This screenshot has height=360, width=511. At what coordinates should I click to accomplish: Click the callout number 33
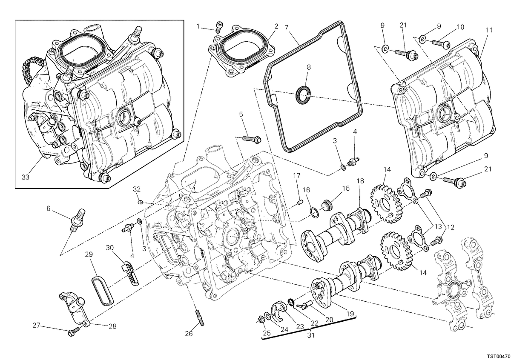(26, 177)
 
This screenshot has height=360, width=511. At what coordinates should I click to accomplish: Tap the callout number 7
(287, 28)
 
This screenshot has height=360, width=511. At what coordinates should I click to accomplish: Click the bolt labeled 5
(252, 139)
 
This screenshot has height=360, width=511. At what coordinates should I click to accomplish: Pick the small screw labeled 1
(219, 27)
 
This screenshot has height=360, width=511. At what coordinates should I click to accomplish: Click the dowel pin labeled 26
(200, 318)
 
